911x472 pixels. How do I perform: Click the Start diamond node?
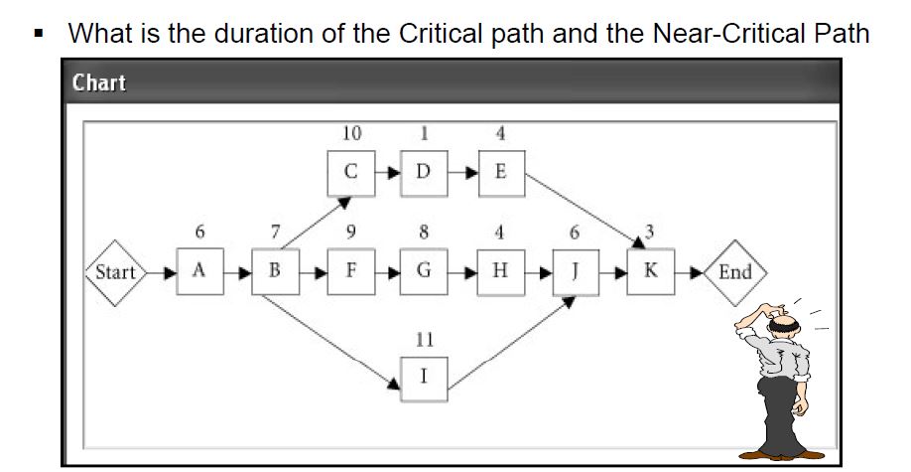[115, 271]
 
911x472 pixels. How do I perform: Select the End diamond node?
[734, 271]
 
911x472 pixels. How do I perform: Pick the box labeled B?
[274, 271]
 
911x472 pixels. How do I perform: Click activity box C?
[350, 171]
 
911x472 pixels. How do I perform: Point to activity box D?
[424, 171]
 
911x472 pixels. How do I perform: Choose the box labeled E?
[500, 171]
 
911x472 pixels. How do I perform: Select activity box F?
[350, 271]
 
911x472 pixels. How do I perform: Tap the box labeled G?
[424, 271]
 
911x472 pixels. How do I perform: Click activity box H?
[500, 271]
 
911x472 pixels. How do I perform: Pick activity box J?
[575, 271]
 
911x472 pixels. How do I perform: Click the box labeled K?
[650, 271]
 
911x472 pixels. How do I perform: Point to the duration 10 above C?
[350, 133]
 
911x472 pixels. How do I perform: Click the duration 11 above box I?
[424, 339]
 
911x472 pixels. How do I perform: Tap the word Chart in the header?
[99, 82]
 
